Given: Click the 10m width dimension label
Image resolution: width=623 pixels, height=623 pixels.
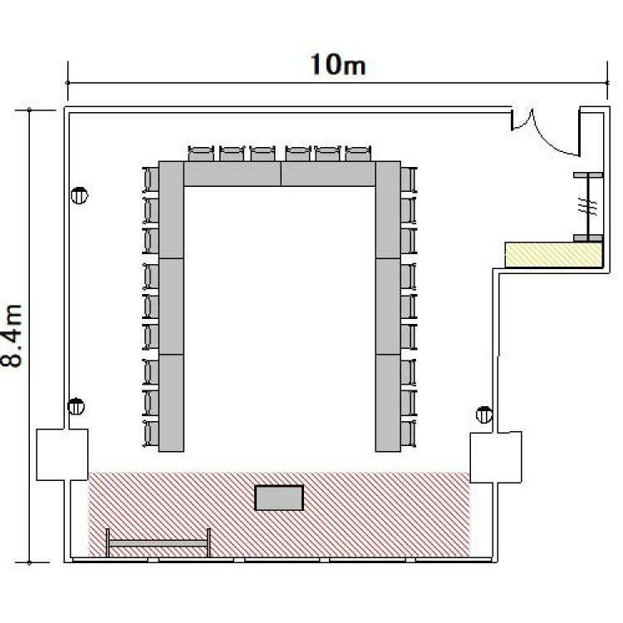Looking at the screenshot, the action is tap(338, 65).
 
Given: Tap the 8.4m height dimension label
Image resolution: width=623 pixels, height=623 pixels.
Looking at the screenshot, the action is tap(12, 336).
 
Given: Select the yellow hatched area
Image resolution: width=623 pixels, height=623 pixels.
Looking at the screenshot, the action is tap(553, 255).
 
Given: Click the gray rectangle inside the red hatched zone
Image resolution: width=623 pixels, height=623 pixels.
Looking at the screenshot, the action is tap(279, 498).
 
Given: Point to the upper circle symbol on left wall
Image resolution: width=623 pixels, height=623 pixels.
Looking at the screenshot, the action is tap(79, 195).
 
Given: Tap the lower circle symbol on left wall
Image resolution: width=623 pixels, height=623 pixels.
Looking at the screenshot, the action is tap(76, 406).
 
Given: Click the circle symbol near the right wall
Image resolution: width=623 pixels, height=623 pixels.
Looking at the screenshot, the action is tap(484, 415).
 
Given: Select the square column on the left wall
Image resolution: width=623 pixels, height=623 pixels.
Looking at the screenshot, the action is tap(62, 454).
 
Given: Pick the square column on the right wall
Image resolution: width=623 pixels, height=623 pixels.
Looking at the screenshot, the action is tap(496, 458).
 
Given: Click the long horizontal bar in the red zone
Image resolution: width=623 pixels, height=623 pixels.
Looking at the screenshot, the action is tap(158, 542).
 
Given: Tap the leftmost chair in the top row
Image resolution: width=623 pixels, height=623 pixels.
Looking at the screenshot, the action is tap(201, 154).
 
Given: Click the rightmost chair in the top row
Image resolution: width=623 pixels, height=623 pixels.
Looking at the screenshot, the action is tap(358, 154).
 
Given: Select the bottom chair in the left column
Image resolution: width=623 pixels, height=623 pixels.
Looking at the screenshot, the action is tap(150, 434).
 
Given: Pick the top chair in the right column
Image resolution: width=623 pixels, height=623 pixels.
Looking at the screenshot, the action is tap(409, 179).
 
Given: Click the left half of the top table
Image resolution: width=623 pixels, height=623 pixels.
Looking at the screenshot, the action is tap(232, 174).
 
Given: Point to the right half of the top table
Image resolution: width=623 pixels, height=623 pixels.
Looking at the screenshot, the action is tap(328, 174).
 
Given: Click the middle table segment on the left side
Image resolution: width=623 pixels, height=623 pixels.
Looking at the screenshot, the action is tap(171, 307).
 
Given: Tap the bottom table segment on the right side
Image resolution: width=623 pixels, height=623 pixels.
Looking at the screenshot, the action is tap(388, 403).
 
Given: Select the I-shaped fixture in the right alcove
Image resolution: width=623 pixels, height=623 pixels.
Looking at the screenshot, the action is tap(588, 207).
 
